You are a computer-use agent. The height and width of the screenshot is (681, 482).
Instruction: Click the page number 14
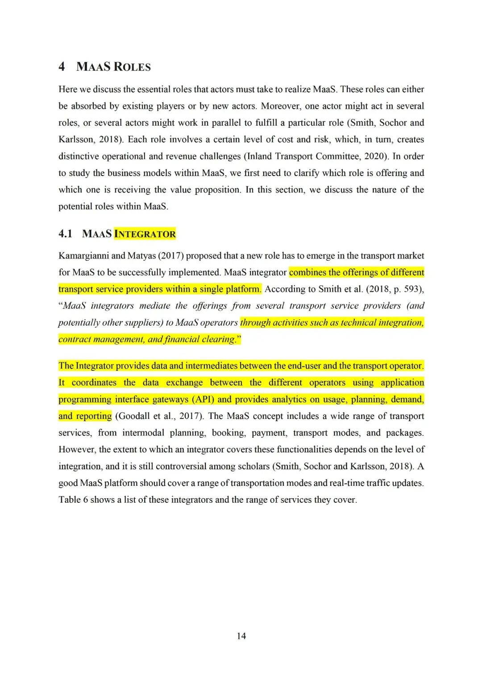pos(241,636)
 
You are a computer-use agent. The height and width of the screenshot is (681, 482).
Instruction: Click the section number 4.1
pos(65,234)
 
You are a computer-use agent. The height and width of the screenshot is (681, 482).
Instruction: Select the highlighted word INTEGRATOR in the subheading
pos(145,234)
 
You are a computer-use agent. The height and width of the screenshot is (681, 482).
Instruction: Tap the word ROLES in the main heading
pos(132,67)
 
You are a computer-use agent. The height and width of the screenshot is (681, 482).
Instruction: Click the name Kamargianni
pos(83,256)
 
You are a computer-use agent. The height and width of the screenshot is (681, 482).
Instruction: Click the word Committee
pos(338,156)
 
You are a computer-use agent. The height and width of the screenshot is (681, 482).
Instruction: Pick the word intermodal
pos(143,433)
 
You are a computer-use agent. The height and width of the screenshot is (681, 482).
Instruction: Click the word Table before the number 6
pos(69,500)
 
